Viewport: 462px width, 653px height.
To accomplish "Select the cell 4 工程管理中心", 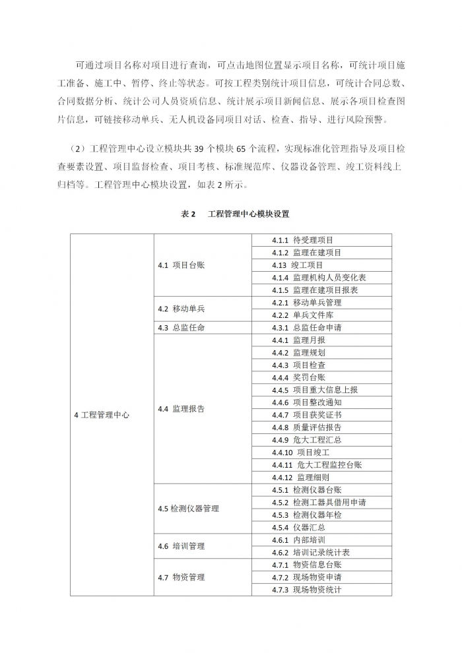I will [102, 415].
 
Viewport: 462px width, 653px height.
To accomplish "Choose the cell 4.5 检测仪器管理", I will [188, 509].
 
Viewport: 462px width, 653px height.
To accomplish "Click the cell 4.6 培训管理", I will [181, 546].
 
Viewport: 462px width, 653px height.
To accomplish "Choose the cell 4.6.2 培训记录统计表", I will [310, 552].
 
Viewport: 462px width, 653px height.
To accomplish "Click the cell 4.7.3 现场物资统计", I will [306, 590].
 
